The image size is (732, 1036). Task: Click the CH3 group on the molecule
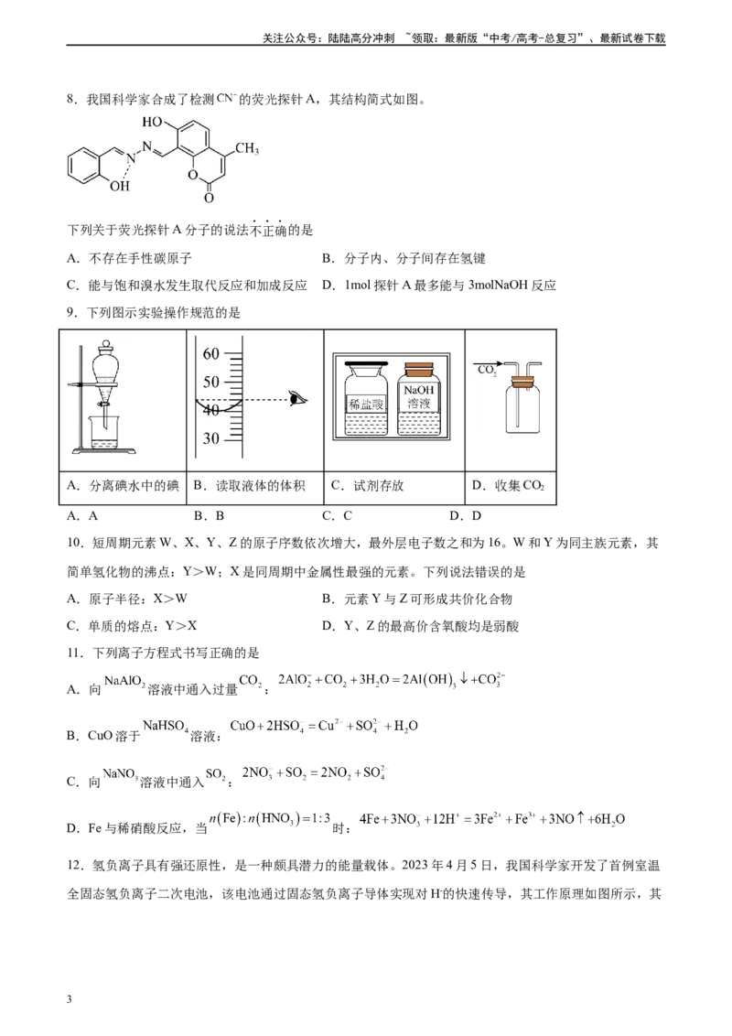(x=247, y=148)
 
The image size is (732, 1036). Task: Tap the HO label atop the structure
(x=152, y=122)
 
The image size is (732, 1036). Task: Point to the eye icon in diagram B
(x=298, y=398)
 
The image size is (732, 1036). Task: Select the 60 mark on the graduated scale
(x=211, y=354)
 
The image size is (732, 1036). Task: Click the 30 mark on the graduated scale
(x=211, y=438)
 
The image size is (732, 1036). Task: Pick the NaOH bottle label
(x=419, y=396)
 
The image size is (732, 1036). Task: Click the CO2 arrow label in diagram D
(x=487, y=371)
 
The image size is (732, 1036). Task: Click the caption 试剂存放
(x=379, y=486)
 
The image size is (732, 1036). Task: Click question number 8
(x=72, y=100)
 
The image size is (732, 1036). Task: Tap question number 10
(x=76, y=543)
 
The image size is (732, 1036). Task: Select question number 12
(x=76, y=866)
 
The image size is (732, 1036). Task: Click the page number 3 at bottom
(x=70, y=999)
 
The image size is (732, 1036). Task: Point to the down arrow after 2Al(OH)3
(x=464, y=678)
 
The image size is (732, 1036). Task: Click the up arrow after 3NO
(x=580, y=818)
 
